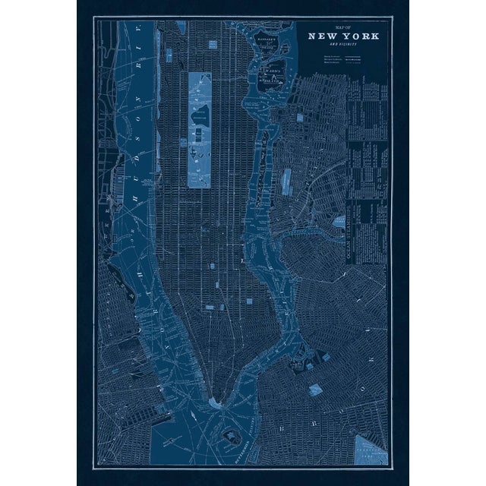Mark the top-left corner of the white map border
[x=94, y=18]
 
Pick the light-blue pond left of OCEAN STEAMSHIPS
[x=287, y=180]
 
